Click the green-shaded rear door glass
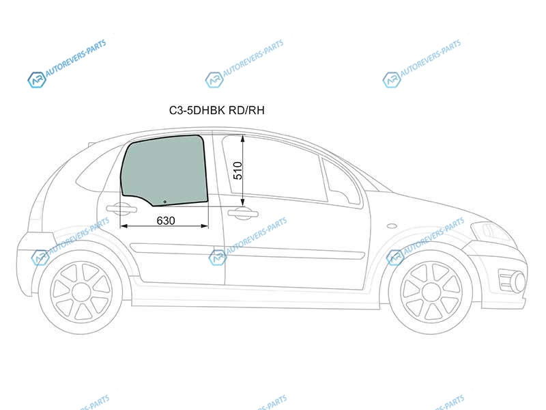164,169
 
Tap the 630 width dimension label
166,221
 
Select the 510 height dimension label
238,170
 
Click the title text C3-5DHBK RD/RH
216,110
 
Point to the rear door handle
121,209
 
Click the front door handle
243,213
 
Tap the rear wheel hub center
81,292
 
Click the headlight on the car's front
491,231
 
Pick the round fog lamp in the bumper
519,282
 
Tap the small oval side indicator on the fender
392,225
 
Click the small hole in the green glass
164,202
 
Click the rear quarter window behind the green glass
95,171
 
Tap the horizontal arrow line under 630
164,226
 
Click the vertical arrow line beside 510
243,171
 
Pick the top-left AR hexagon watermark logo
37,80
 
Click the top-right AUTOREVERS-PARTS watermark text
431,58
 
